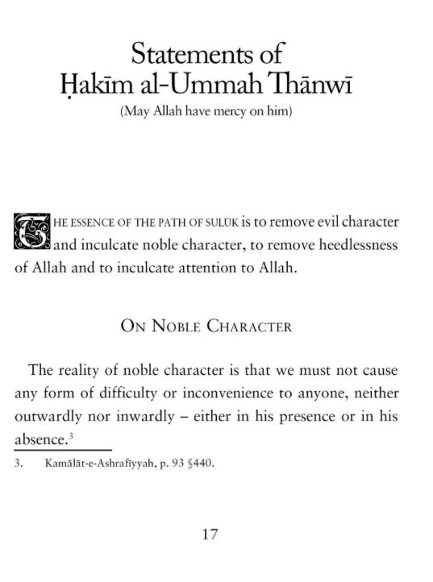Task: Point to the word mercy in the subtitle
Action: [235, 111]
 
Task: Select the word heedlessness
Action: [351, 245]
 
